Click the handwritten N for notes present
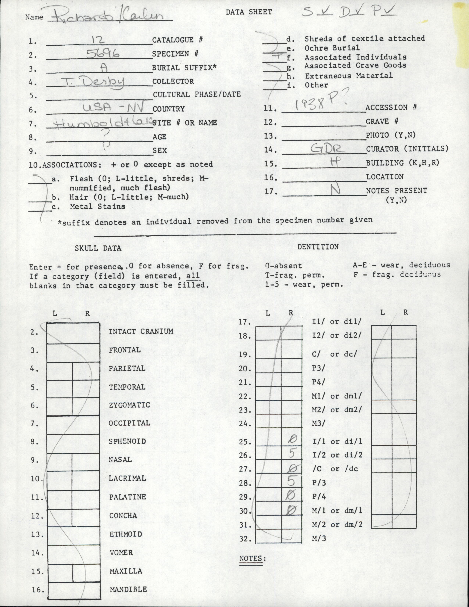[x=335, y=190]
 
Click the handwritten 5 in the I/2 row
[x=291, y=453]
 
